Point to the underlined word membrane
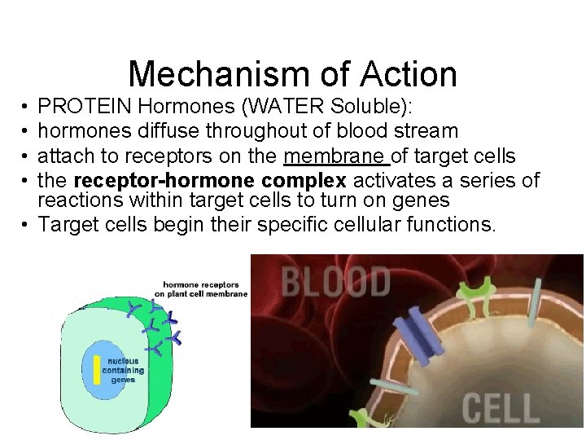point(335,156)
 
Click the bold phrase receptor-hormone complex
point(210,181)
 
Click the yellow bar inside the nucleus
point(96,369)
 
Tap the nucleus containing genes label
point(124,369)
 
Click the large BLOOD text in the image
point(336,283)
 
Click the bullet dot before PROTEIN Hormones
point(26,106)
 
